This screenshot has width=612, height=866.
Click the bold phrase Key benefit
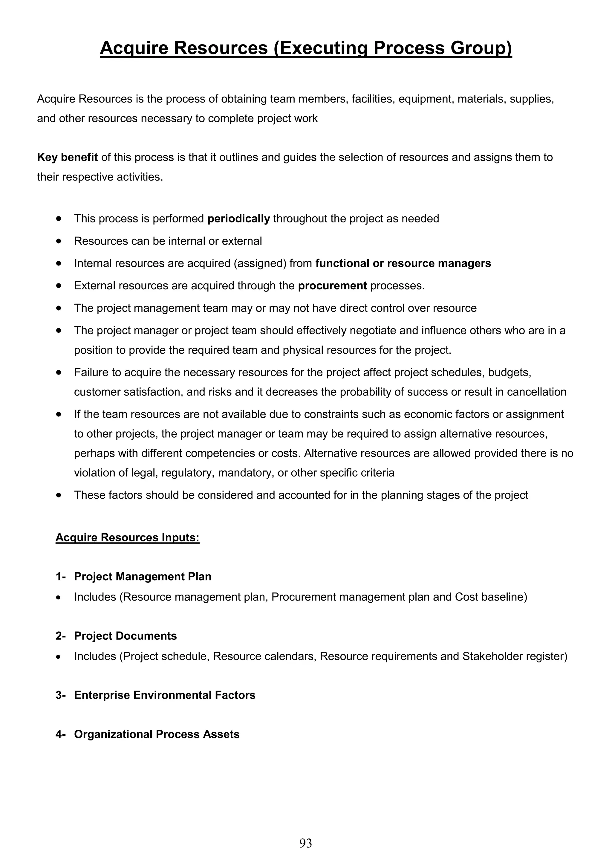[68, 157]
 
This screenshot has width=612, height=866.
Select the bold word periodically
[239, 219]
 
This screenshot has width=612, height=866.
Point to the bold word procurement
[332, 286]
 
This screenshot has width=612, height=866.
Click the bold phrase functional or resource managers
[403, 263]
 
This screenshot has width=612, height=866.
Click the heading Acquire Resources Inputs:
[128, 537]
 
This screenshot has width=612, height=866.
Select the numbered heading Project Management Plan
[143, 577]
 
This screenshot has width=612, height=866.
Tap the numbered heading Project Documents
[125, 636]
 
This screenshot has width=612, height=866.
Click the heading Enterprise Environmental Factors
[165, 695]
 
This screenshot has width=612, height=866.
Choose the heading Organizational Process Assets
[157, 734]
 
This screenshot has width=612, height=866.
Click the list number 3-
[61, 695]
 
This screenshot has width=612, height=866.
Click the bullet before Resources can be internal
[59, 241]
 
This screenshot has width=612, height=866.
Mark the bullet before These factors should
[59, 495]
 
